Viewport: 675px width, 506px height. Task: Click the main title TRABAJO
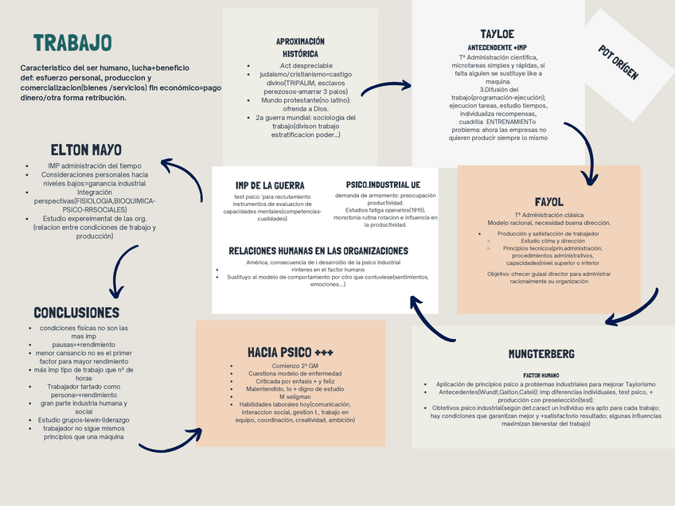(72, 43)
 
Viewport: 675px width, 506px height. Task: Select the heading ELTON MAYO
(86, 150)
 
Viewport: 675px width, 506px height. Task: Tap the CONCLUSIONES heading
(76, 313)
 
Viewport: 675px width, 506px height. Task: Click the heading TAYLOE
(497, 34)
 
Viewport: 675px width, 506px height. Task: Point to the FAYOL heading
(548, 201)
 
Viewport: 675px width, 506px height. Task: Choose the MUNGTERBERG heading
(541, 353)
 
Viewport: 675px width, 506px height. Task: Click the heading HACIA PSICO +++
(291, 352)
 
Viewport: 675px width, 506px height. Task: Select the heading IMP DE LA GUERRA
(270, 185)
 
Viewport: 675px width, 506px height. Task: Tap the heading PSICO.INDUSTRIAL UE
(383, 184)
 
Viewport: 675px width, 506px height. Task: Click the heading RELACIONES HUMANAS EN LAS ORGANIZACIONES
(318, 250)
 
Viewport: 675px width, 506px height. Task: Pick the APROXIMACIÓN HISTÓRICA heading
(300, 47)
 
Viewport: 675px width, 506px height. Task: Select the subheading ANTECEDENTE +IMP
(497, 47)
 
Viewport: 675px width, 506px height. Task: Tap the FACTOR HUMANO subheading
(540, 375)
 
